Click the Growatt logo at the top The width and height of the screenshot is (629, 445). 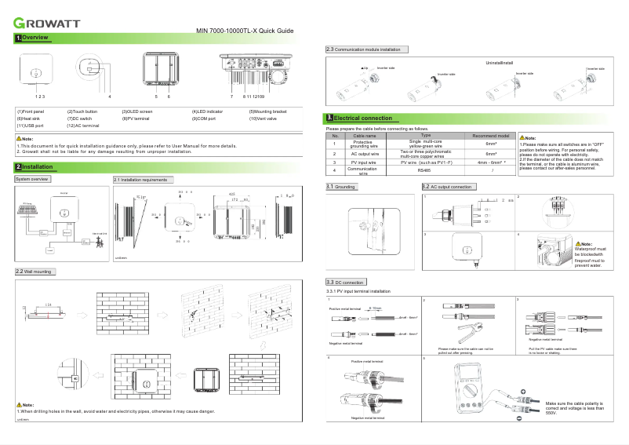(45, 21)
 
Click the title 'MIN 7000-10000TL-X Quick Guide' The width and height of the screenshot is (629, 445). (244, 31)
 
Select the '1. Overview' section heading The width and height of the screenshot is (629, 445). (33, 38)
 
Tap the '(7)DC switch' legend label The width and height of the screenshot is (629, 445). (82, 119)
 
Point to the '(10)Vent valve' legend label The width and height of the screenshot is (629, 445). (265, 119)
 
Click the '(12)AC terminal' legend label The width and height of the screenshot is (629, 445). (83, 126)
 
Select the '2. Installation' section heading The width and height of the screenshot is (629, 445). (35, 167)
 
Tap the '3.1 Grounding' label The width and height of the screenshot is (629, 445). (342, 188)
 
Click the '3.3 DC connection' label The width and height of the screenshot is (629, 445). (346, 282)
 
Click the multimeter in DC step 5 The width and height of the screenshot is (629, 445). (471, 396)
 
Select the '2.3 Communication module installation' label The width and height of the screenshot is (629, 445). (367, 49)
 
